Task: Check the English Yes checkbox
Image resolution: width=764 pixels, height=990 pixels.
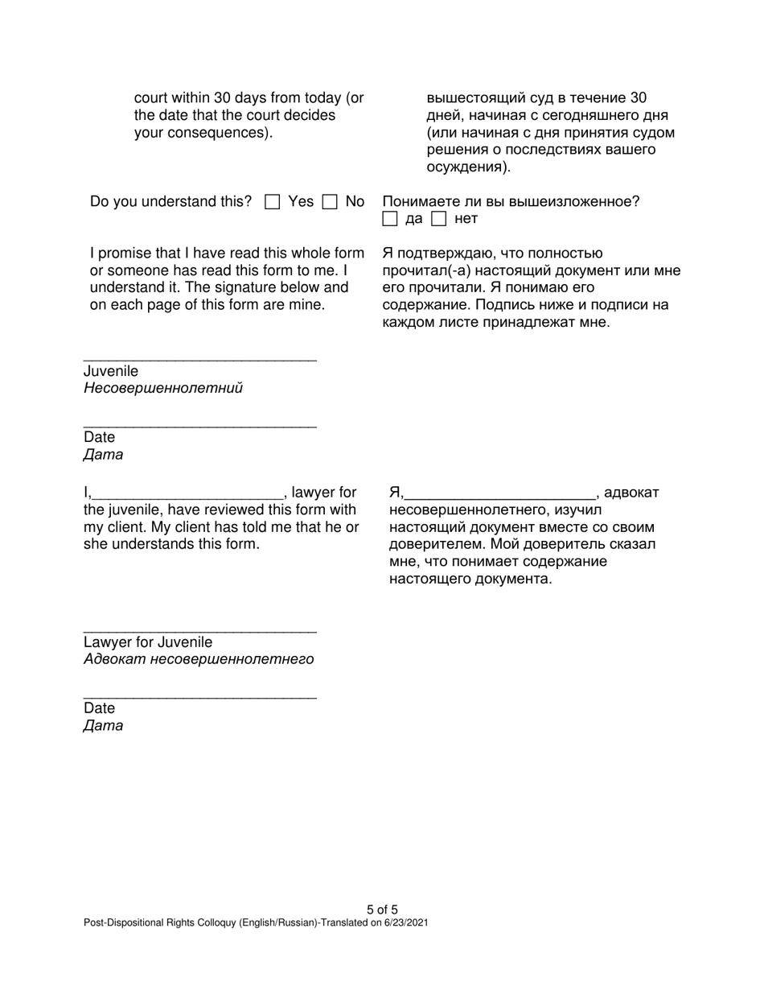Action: click(273, 202)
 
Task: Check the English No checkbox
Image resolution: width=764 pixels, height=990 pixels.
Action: click(329, 202)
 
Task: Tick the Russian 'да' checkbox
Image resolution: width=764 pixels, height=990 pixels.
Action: click(390, 219)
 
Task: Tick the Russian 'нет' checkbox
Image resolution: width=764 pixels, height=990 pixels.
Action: click(438, 219)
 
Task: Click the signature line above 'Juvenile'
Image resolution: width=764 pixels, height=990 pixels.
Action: click(199, 358)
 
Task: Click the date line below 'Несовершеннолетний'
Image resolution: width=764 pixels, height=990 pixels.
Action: click(199, 425)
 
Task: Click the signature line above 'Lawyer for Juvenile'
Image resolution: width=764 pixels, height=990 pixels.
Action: click(199, 630)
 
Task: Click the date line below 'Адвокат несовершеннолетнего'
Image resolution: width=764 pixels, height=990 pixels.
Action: click(199, 696)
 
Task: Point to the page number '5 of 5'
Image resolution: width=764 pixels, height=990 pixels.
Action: click(382, 910)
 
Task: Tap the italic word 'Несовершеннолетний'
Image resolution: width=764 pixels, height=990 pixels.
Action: click(162, 389)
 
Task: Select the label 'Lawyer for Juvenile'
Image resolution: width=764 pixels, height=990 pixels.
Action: click(148, 642)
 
